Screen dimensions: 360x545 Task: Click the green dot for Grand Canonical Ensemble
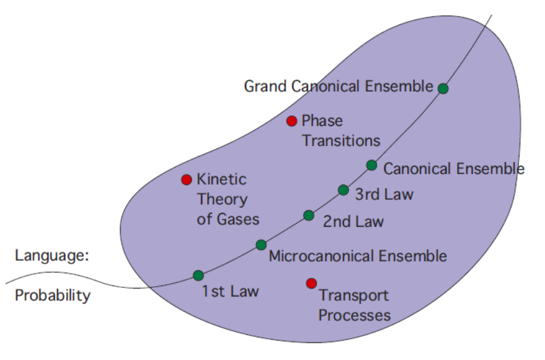443,88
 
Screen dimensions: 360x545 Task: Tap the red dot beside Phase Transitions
292,121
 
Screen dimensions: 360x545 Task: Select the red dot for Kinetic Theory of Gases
187,180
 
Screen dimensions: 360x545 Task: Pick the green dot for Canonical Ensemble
371,165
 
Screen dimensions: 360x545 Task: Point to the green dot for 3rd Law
343,190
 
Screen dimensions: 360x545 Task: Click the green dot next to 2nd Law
309,215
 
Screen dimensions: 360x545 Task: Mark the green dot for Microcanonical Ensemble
261,244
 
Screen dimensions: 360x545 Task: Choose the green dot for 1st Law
199,275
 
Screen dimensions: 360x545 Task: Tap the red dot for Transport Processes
312,283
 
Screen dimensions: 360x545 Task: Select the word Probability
53,296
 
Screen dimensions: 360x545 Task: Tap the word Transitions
341,141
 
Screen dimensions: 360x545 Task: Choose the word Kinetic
221,180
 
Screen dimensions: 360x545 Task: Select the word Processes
354,315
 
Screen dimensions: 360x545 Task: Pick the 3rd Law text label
384,194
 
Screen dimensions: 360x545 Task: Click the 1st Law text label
230,292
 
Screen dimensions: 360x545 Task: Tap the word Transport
354,296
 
